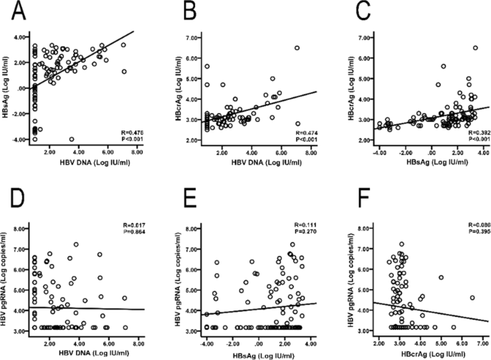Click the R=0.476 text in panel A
tap(139, 131)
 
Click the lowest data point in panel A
tap(72, 139)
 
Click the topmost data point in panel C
tap(475, 48)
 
